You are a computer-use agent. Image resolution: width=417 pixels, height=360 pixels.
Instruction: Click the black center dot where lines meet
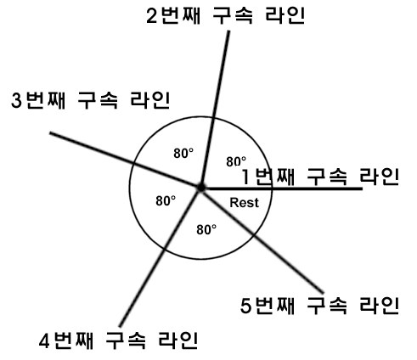[201, 188]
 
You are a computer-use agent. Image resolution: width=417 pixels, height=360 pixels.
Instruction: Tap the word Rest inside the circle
[244, 203]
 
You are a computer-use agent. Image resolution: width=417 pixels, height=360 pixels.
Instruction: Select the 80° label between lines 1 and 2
[236, 161]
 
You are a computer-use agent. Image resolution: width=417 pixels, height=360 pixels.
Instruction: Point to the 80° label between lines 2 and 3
[183, 153]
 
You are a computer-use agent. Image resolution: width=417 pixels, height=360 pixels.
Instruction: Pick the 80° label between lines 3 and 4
[166, 200]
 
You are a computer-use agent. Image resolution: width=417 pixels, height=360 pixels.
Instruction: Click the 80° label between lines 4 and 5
[206, 229]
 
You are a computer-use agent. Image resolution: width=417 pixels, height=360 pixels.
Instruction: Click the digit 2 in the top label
[152, 16]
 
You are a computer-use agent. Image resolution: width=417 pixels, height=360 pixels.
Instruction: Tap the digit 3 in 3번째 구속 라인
[16, 100]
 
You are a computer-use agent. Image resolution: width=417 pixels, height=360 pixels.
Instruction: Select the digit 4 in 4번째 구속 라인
[44, 340]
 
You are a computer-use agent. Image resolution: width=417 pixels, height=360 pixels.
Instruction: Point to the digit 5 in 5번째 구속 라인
[245, 306]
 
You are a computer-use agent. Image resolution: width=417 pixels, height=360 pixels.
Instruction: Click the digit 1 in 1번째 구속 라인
[246, 177]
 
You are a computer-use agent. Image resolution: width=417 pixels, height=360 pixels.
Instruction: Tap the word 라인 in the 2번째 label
[285, 15]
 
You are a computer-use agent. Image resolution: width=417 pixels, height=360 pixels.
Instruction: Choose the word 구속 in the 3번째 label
[98, 100]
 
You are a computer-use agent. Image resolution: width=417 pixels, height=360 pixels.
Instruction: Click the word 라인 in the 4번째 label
[178, 340]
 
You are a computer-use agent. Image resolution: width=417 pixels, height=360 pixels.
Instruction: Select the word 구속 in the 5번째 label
[327, 306]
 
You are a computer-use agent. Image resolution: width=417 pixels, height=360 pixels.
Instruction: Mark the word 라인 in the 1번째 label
[380, 177]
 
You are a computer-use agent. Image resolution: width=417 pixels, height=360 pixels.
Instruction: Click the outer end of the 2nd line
[228, 31]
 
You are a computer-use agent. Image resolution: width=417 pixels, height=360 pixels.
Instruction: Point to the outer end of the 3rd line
[50, 132]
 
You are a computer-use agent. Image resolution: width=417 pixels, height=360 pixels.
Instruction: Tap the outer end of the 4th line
[120, 326]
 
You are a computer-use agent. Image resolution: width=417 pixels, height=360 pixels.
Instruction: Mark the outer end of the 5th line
[323, 292]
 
